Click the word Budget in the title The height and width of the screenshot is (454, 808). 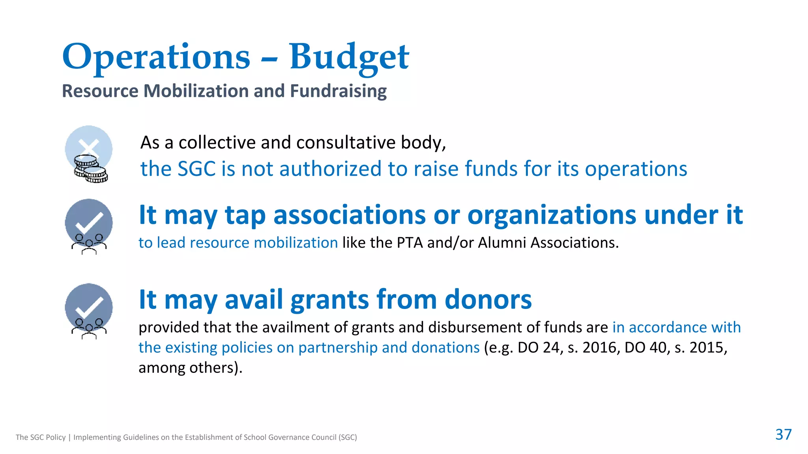(349, 57)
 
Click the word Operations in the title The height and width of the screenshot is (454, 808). (156, 57)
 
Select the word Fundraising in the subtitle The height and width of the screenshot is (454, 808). (338, 91)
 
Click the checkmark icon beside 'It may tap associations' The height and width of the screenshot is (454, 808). (89, 222)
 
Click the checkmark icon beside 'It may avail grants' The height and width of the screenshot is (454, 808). (89, 307)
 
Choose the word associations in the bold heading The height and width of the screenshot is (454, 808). (349, 215)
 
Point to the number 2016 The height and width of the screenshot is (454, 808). (599, 348)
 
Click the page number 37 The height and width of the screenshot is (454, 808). (783, 434)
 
